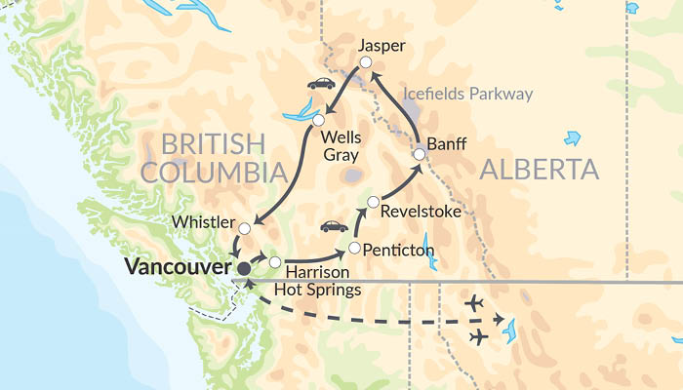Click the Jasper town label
[x=381, y=46]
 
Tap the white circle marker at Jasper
[x=366, y=63]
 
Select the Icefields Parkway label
[x=468, y=95]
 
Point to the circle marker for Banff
[x=419, y=153]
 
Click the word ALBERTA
[x=539, y=171]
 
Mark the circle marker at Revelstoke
[x=373, y=202]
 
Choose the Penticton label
[x=398, y=251]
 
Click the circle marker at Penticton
[x=354, y=247]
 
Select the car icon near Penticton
[x=334, y=226]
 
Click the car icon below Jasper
[x=321, y=84]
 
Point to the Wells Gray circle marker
[x=318, y=120]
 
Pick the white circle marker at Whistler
[x=245, y=229]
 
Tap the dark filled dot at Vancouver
[x=243, y=267]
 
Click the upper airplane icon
[x=474, y=303]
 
